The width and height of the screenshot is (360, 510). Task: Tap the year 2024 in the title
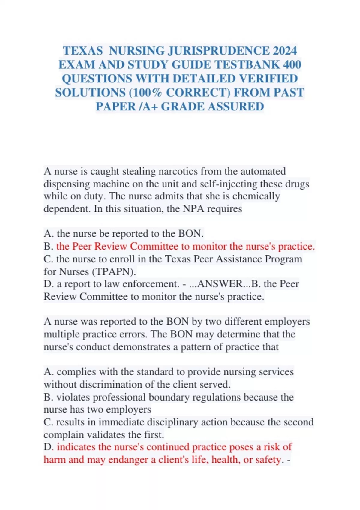285,51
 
